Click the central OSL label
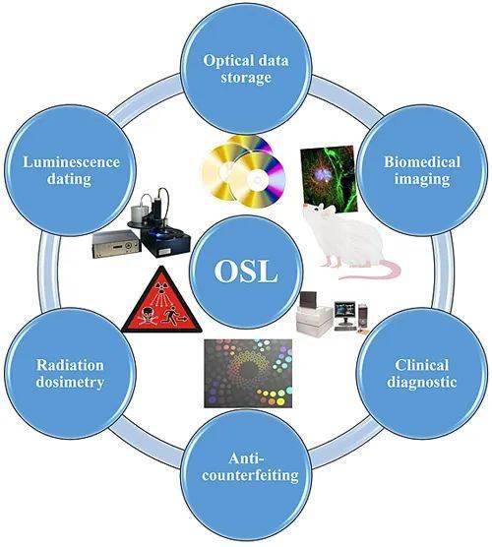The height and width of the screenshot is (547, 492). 246,272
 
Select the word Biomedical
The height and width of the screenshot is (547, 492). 422,162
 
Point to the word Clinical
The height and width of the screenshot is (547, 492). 421,365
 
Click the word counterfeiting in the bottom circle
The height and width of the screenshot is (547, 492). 250,475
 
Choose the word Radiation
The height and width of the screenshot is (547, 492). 70,365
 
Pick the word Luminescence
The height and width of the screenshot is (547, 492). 71,162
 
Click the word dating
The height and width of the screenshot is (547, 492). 69,180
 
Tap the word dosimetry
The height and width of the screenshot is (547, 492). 70,383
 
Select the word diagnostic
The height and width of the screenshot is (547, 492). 421,382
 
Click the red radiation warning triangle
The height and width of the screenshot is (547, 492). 161,302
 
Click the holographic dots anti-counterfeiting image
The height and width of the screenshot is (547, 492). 248,373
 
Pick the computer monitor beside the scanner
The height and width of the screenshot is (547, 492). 344,311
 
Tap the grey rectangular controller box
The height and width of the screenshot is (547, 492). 117,244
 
